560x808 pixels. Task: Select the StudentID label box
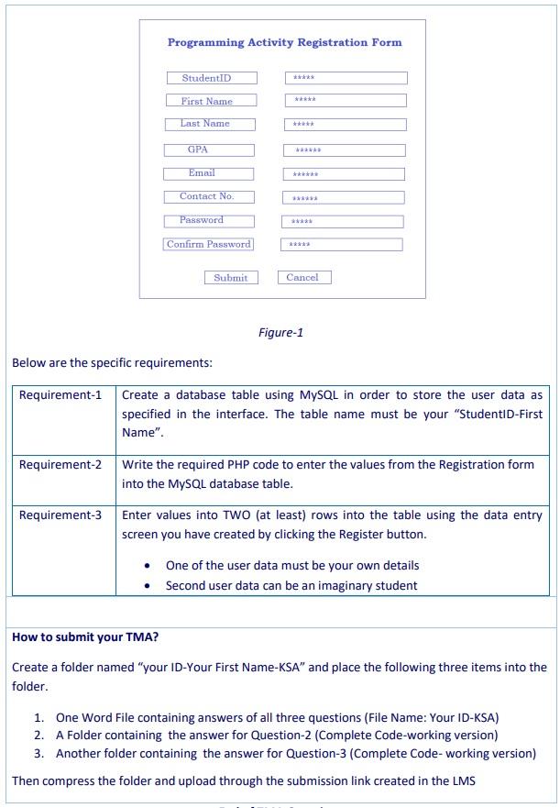(x=212, y=78)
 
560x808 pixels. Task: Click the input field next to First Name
(x=346, y=100)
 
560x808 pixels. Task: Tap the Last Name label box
(x=211, y=124)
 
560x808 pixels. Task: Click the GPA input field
(x=344, y=150)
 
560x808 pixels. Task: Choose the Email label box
(x=208, y=173)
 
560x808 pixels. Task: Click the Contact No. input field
(x=344, y=197)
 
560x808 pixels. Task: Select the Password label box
(x=208, y=221)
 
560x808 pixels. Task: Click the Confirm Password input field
(x=341, y=245)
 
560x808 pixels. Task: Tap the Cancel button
(x=305, y=276)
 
